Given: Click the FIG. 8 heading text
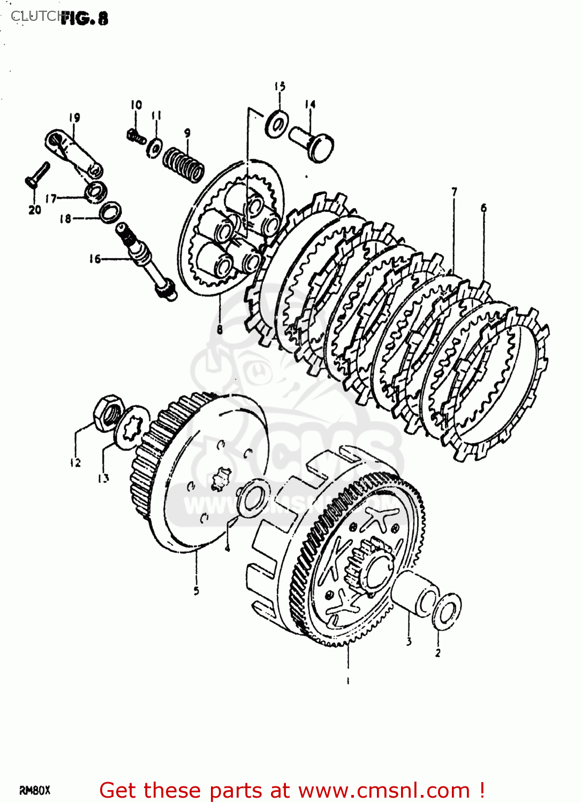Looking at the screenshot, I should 84,19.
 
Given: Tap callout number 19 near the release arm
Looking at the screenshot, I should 74,117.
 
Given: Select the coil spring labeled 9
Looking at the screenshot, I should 184,164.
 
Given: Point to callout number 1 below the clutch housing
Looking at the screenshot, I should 348,681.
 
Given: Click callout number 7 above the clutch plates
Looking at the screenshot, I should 454,192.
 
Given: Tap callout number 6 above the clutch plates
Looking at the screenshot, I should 483,208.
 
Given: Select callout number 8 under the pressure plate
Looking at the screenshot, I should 220,329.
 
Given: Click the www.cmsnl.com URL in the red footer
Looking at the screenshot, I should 383,791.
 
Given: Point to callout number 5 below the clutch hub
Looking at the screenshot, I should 196,590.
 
